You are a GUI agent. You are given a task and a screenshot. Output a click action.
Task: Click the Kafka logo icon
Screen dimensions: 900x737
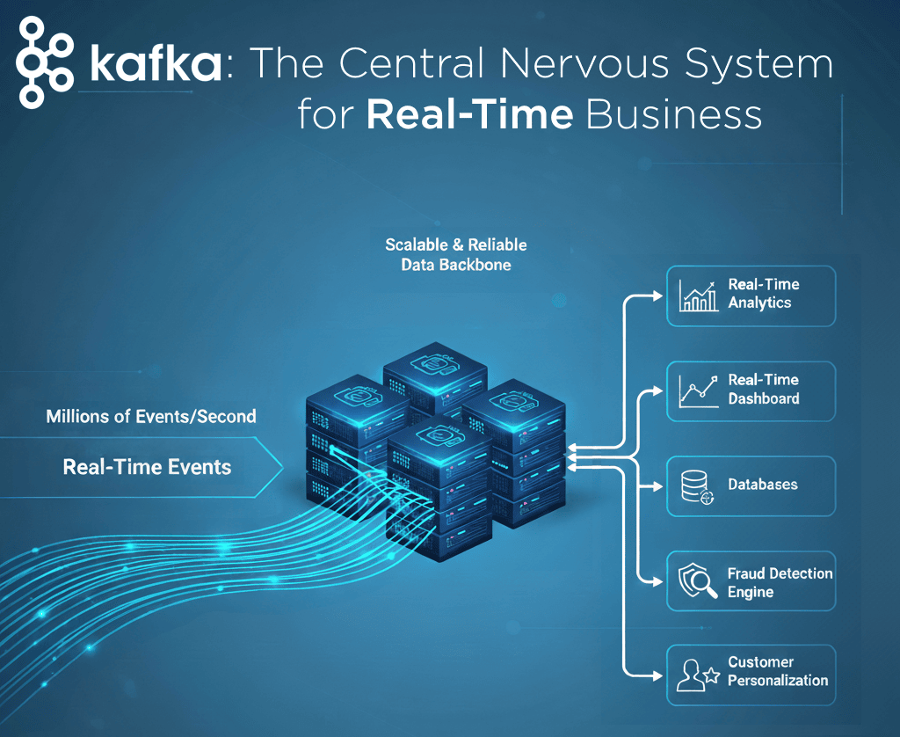pyautogui.click(x=45, y=62)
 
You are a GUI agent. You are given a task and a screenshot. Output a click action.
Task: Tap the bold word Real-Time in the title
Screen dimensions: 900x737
pyautogui.click(x=469, y=113)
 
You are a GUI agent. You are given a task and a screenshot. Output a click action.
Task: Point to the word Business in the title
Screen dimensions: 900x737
pyautogui.click(x=674, y=113)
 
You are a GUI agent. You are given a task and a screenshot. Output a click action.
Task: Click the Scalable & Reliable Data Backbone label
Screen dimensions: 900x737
pyautogui.click(x=456, y=254)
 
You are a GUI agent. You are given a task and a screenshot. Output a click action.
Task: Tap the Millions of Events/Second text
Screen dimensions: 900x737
pyautogui.click(x=151, y=416)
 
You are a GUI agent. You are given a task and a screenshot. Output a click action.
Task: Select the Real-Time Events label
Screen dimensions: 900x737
pyautogui.click(x=147, y=466)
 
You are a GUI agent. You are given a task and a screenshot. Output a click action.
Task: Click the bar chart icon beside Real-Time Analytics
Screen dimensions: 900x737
pyautogui.click(x=698, y=296)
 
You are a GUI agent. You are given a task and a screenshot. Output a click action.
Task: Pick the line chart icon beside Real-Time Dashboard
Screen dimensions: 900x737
pyautogui.click(x=699, y=391)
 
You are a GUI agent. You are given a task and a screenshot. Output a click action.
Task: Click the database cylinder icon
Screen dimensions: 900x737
pyautogui.click(x=697, y=487)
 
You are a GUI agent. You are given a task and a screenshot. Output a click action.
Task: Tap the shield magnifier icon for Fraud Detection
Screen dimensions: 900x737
pyautogui.click(x=697, y=580)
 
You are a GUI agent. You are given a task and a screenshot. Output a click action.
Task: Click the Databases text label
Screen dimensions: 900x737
pyautogui.click(x=763, y=485)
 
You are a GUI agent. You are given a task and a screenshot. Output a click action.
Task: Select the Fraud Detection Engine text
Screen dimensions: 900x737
pyautogui.click(x=780, y=582)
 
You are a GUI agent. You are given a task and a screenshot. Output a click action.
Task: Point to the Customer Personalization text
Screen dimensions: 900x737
pyautogui.click(x=778, y=671)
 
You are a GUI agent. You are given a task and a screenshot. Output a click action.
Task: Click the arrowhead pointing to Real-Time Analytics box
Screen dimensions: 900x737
pyautogui.click(x=657, y=296)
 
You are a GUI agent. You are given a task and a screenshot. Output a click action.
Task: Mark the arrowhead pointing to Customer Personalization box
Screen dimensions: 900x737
pyautogui.click(x=657, y=675)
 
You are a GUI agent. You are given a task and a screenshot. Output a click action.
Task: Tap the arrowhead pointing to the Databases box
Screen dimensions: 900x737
pyautogui.click(x=657, y=486)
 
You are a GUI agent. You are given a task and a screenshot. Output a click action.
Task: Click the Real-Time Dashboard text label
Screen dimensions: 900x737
pyautogui.click(x=764, y=389)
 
